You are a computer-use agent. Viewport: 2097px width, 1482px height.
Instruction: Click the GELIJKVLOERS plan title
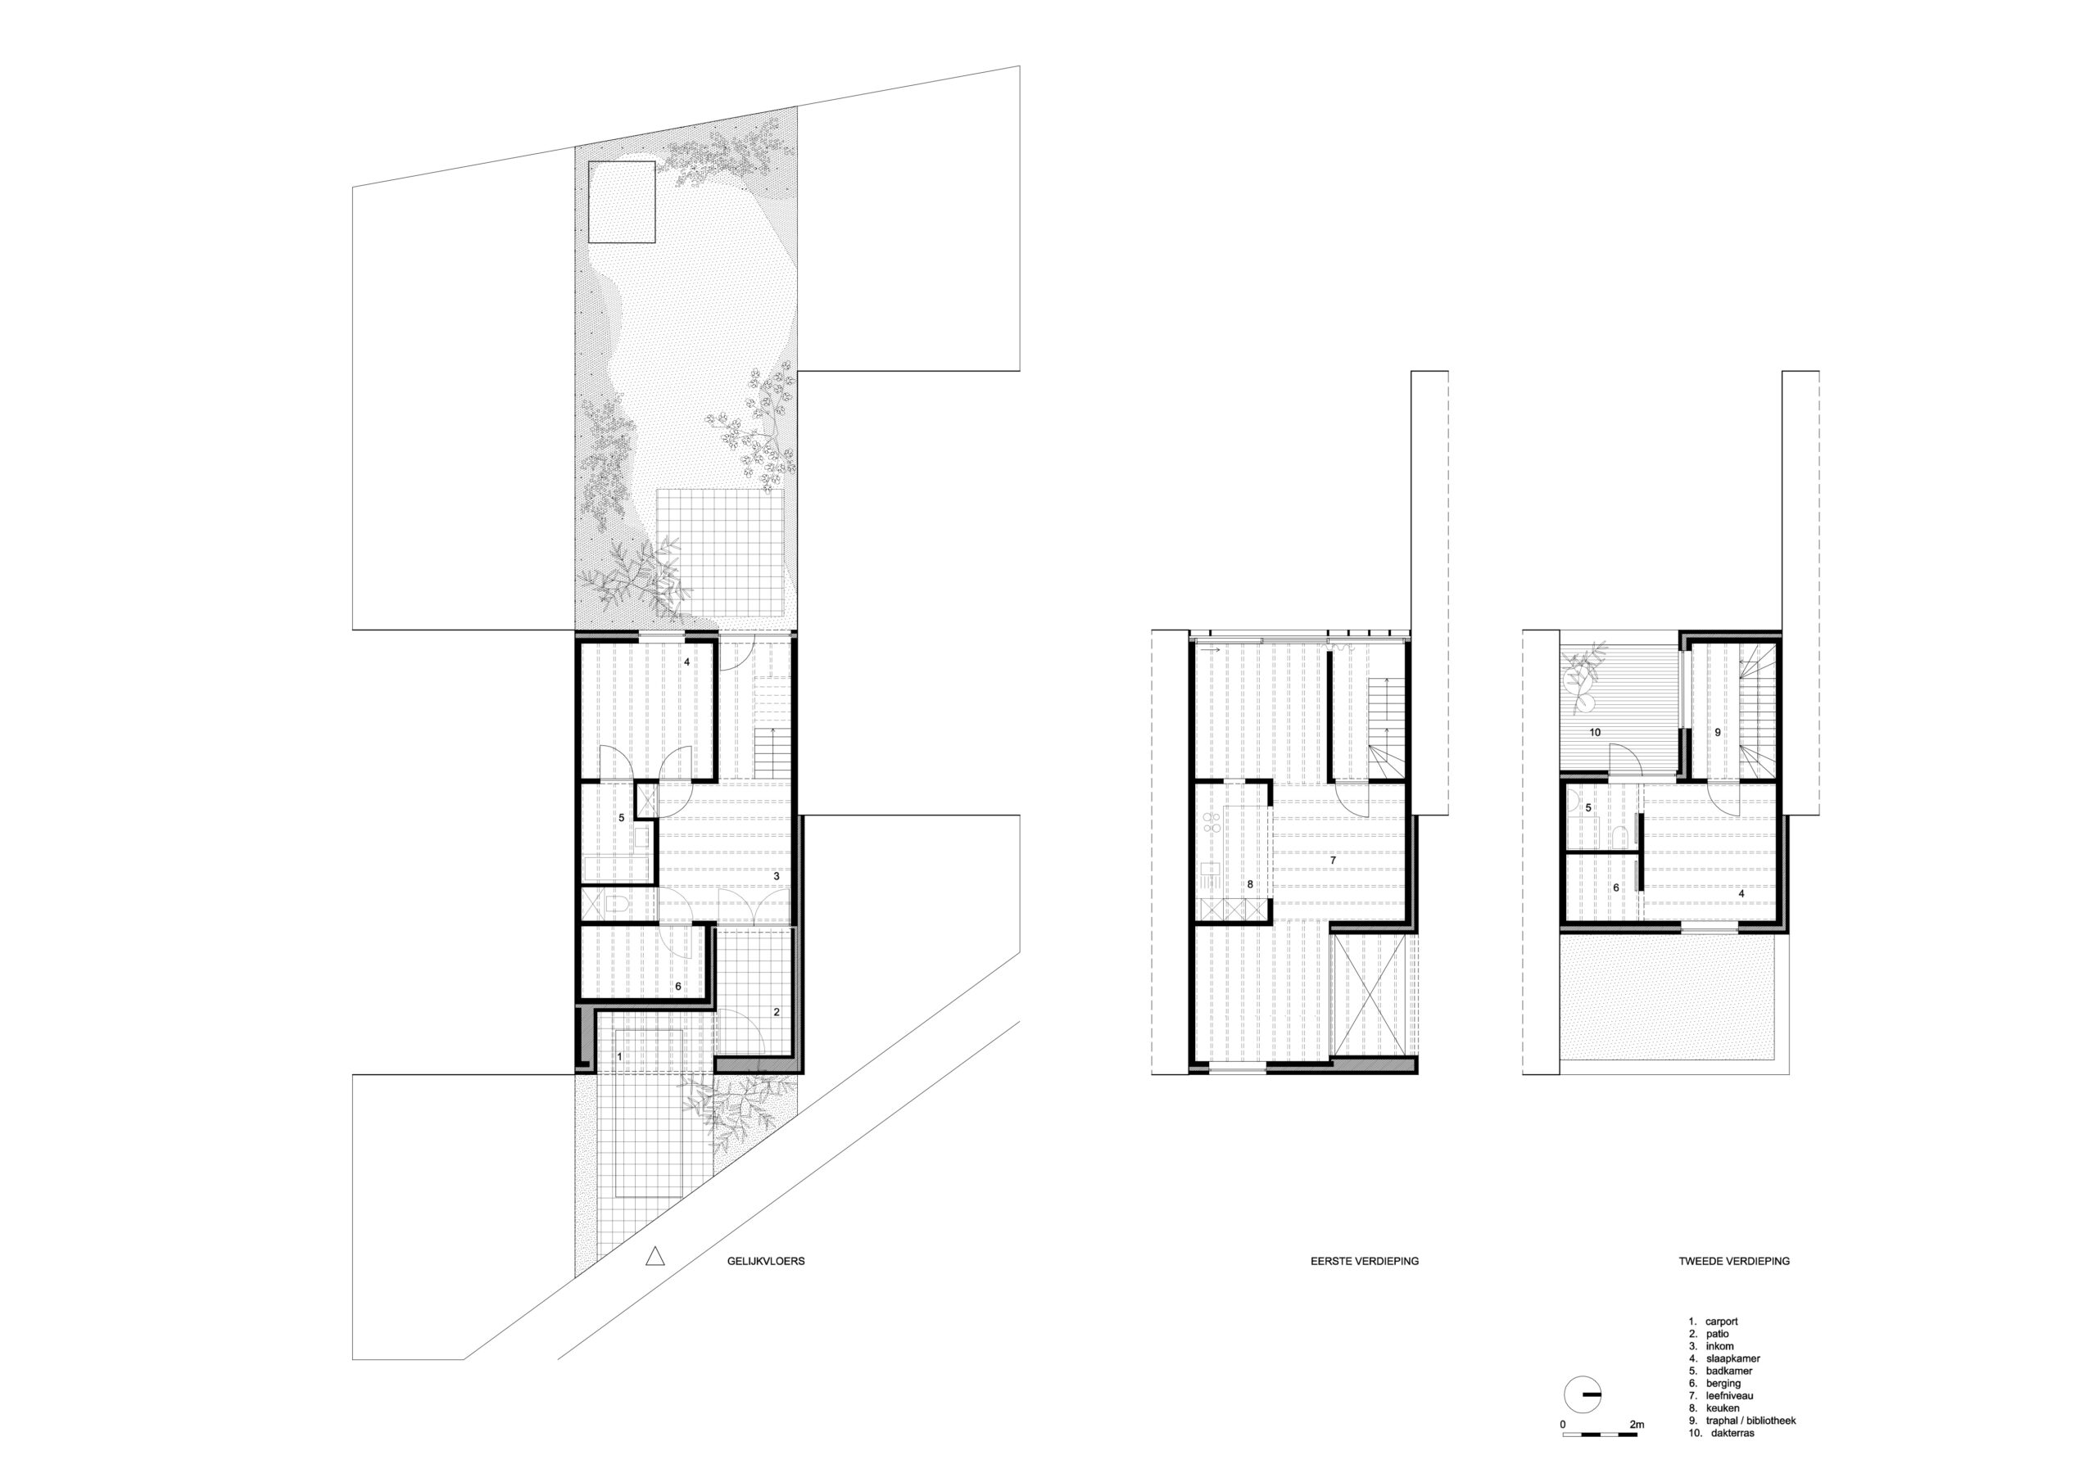pyautogui.click(x=760, y=1261)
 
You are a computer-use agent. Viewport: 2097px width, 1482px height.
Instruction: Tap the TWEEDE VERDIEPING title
pyautogui.click(x=1733, y=1261)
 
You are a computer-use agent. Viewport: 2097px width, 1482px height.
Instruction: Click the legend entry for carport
pyautogui.click(x=1716, y=1347)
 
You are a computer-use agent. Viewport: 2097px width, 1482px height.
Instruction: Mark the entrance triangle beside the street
pyautogui.click(x=653, y=1258)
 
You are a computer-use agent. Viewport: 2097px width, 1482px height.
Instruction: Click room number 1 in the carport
pyautogui.click(x=620, y=1056)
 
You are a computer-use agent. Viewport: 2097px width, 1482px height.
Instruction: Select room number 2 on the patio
pyautogui.click(x=777, y=1012)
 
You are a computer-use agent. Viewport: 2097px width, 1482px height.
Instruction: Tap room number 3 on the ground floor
pyautogui.click(x=777, y=875)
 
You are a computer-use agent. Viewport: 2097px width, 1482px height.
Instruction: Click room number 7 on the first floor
pyautogui.click(x=1334, y=861)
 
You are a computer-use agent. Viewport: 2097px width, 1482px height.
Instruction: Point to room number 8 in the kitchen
pyautogui.click(x=1250, y=885)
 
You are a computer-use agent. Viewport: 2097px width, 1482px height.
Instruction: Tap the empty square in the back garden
pyautogui.click(x=622, y=201)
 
